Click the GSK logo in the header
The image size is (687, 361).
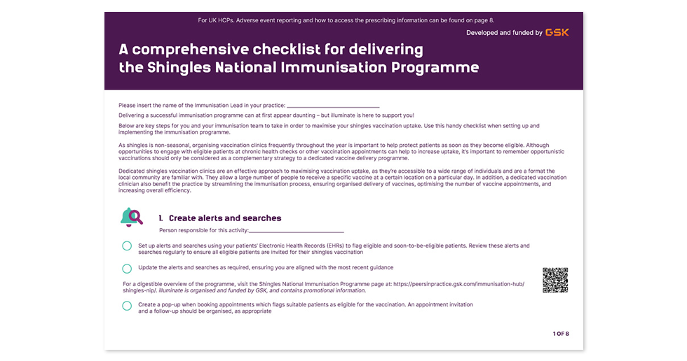[x=557, y=33]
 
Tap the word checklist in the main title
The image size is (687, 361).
[x=302, y=50]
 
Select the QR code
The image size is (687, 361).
[x=555, y=280]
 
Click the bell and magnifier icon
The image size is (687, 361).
[x=132, y=218]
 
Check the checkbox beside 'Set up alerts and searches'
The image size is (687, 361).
[x=127, y=246]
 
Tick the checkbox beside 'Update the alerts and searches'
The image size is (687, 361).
[x=127, y=268]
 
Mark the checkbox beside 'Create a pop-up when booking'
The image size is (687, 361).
[x=127, y=306]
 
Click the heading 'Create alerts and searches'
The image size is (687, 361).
[x=225, y=218]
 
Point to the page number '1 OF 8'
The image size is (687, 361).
[x=561, y=334]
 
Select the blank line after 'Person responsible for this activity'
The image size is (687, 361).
[x=297, y=230]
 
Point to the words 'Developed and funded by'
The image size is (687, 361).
[x=503, y=33]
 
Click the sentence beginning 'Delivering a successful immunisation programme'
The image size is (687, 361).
[x=266, y=115]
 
